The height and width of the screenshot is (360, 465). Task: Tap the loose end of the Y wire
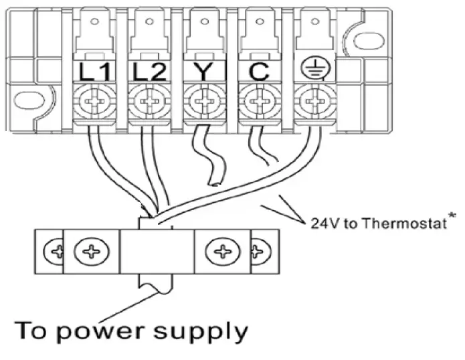click(x=213, y=181)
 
